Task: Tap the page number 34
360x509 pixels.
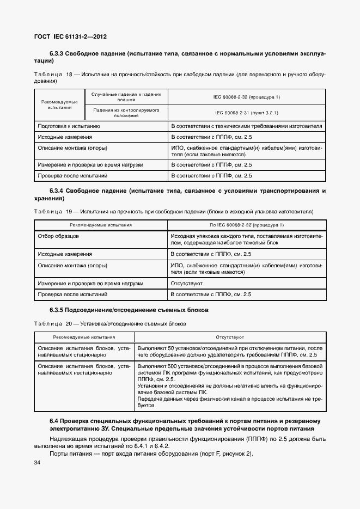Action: pyautogui.click(x=38, y=462)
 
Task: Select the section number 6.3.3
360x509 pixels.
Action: pyautogui.click(x=57, y=54)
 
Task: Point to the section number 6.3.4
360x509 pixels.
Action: pyautogui.click(x=57, y=191)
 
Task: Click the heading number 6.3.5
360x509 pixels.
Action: pyautogui.click(x=57, y=310)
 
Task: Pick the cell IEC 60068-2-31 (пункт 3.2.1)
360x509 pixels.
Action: pyautogui.click(x=247, y=113)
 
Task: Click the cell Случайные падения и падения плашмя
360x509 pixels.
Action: pyautogui.click(x=126, y=97)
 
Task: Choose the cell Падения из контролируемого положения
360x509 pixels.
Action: pyautogui.click(x=126, y=113)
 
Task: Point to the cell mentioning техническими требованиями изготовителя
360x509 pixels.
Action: pyautogui.click(x=247, y=126)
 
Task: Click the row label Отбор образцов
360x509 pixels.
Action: pyautogui.click(x=58, y=236)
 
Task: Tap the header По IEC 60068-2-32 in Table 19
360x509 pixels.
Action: pyautogui.click(x=247, y=224)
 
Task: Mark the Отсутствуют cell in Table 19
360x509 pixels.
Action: pyautogui.click(x=187, y=283)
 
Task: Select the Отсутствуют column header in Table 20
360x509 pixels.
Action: pyautogui.click(x=229, y=337)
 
